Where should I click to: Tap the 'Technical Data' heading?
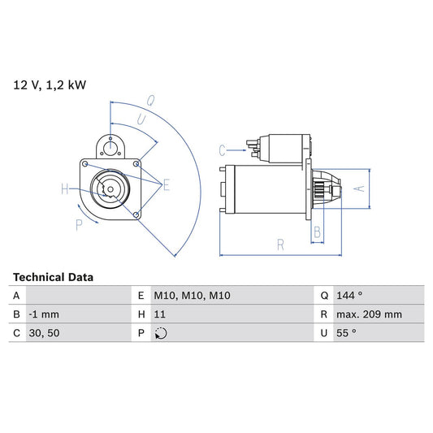[x=53, y=277]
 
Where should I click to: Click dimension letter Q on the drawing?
[x=151, y=102]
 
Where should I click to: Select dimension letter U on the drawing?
[x=141, y=119]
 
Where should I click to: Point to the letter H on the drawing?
[x=66, y=190]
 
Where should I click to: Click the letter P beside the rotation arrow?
[x=79, y=225]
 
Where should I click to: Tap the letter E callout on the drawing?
[x=166, y=186]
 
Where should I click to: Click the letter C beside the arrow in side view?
[x=222, y=149]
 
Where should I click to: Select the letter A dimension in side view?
[x=362, y=188]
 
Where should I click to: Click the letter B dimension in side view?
[x=317, y=232]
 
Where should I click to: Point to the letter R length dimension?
[x=279, y=242]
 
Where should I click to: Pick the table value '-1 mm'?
[x=45, y=314]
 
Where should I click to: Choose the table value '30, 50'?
[x=44, y=333]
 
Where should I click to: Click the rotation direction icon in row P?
[x=161, y=333]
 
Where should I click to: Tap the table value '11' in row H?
[x=160, y=314]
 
